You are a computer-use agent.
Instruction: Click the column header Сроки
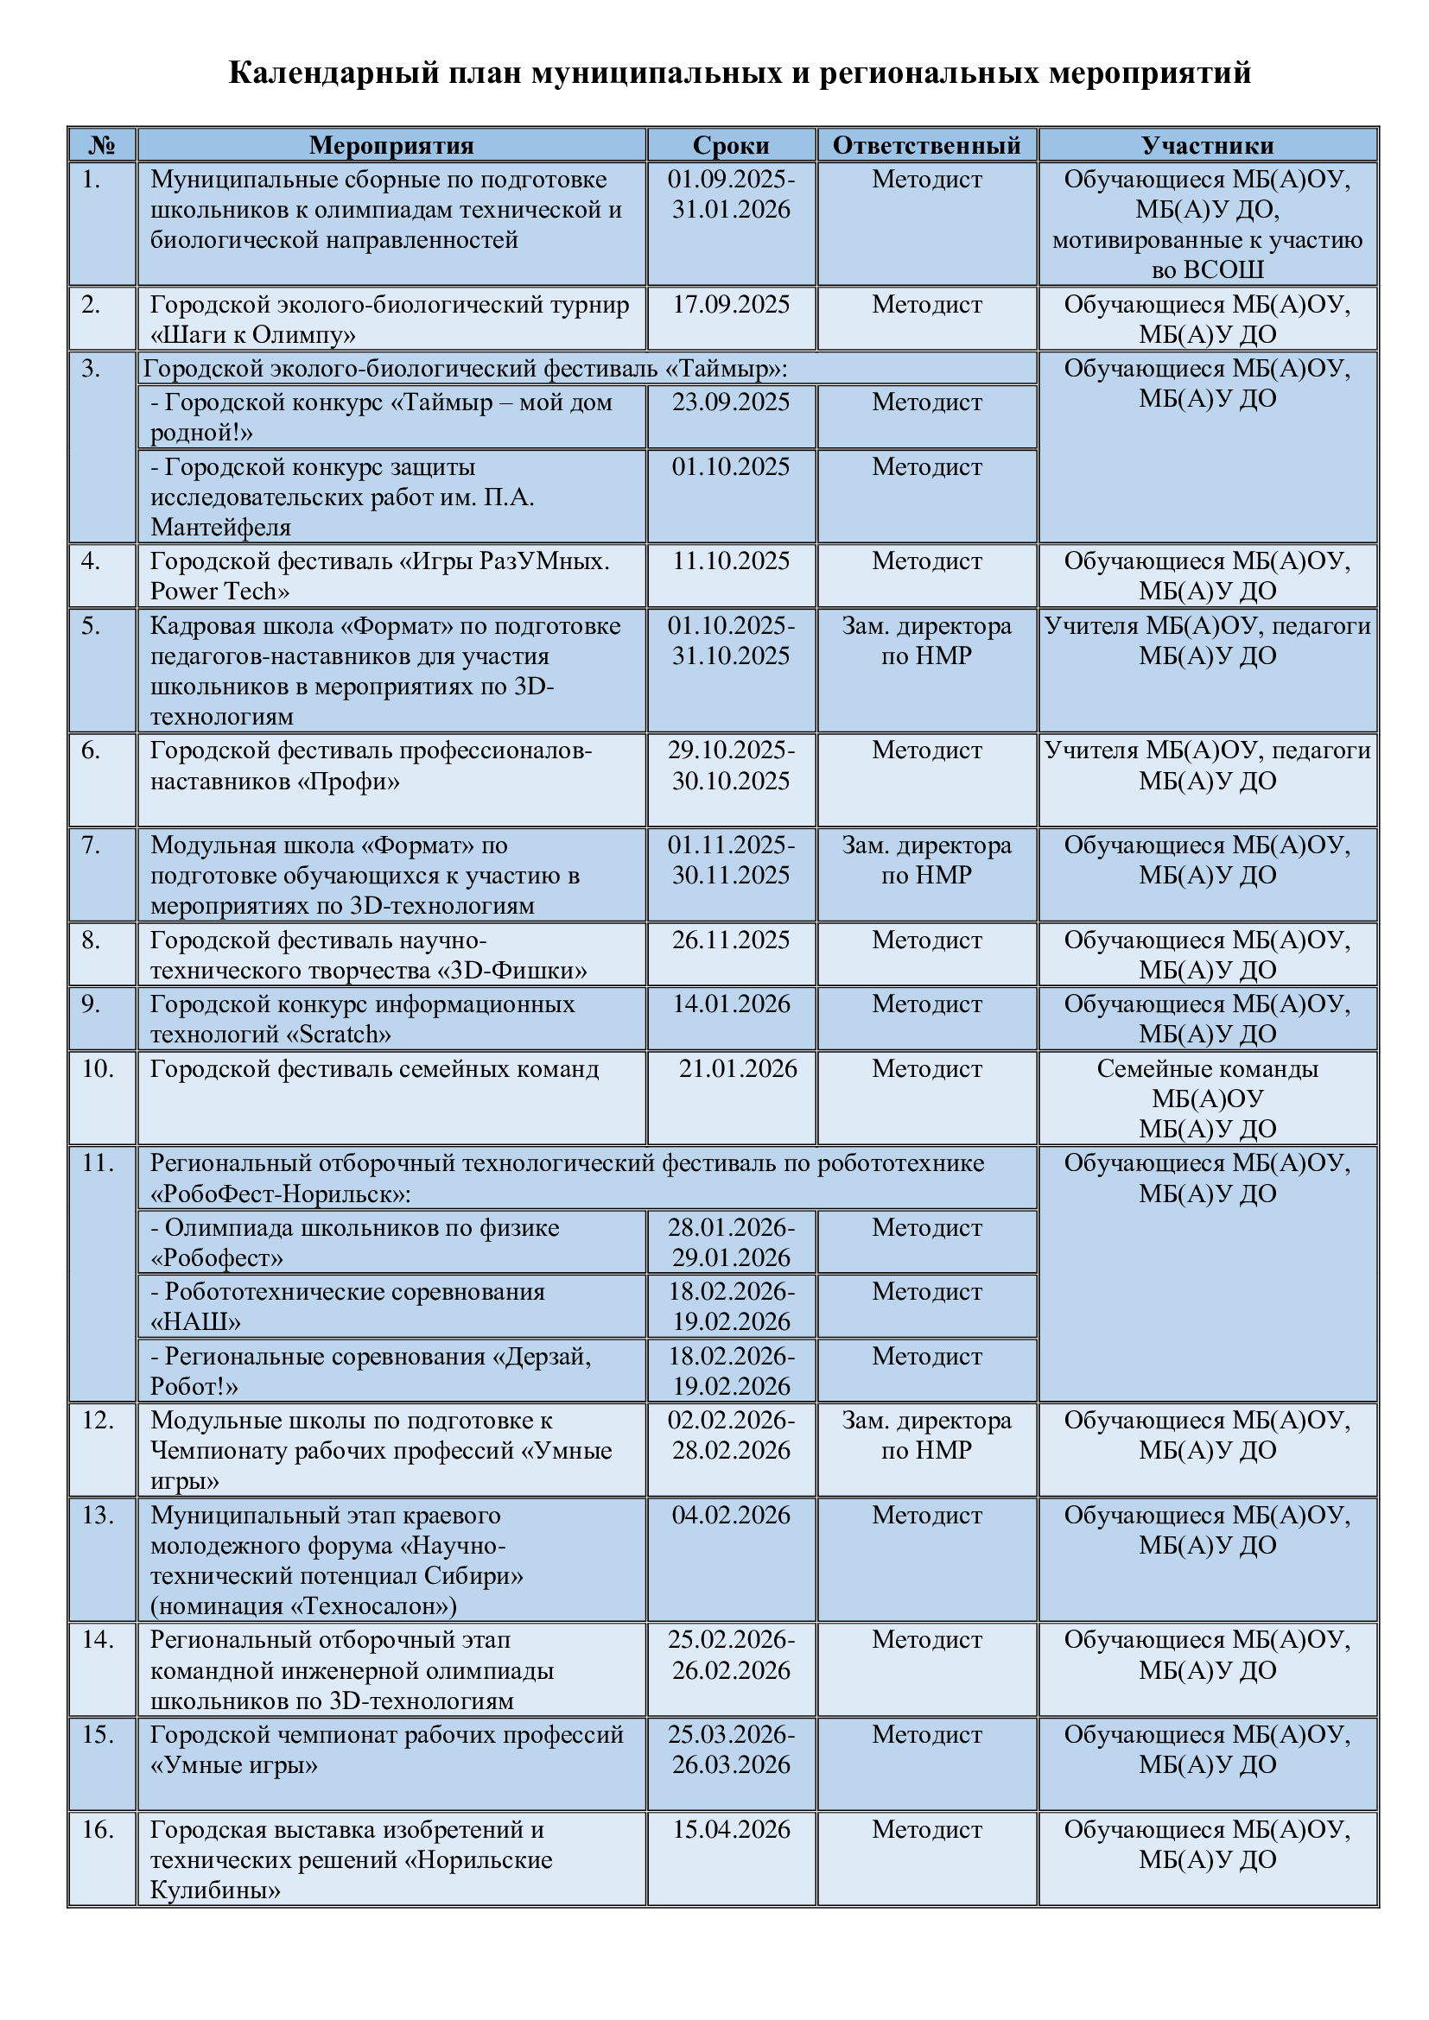click(x=730, y=145)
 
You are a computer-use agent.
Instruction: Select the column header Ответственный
click(x=926, y=145)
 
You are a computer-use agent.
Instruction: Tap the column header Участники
click(x=1207, y=145)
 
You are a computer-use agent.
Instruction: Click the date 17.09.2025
click(x=730, y=304)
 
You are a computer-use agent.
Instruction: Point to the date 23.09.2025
click(x=730, y=402)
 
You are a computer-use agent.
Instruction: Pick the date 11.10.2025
click(x=730, y=561)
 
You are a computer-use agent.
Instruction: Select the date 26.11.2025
click(x=730, y=940)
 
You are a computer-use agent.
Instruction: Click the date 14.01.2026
click(x=730, y=1004)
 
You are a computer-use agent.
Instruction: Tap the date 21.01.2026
click(x=737, y=1069)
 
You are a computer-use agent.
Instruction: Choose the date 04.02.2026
click(x=730, y=1515)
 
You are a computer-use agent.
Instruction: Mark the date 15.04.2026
click(x=730, y=1830)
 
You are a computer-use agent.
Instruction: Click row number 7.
click(x=91, y=845)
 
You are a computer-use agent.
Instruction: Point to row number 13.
click(x=97, y=1515)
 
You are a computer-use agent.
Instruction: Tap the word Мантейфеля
click(x=220, y=527)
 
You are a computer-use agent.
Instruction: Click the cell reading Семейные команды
click(x=1207, y=1069)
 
